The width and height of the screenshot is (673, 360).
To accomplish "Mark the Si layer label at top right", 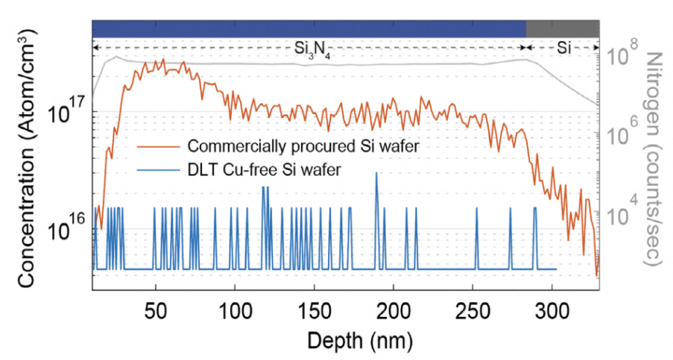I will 565,48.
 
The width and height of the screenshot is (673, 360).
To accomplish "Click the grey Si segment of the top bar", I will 563,28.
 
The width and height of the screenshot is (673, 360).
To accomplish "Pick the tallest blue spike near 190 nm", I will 376,174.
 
